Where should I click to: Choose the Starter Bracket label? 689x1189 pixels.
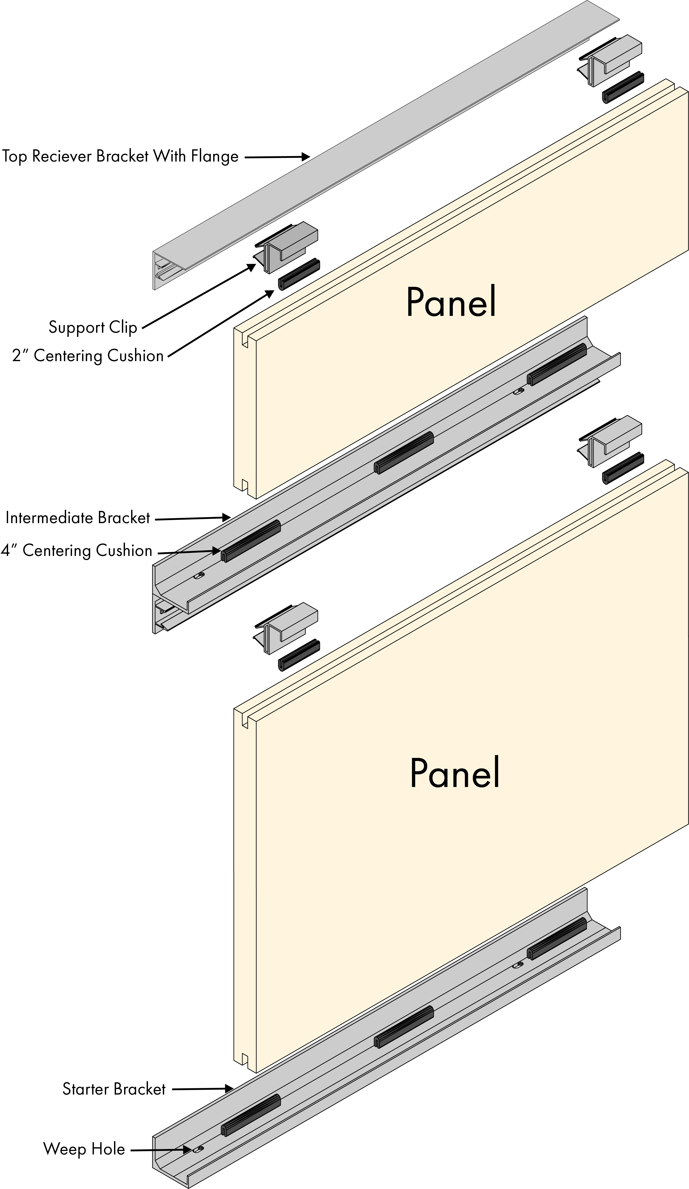[x=114, y=1088]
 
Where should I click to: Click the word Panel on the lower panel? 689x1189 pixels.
[x=454, y=773]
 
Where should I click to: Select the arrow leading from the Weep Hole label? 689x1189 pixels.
[x=161, y=1150]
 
